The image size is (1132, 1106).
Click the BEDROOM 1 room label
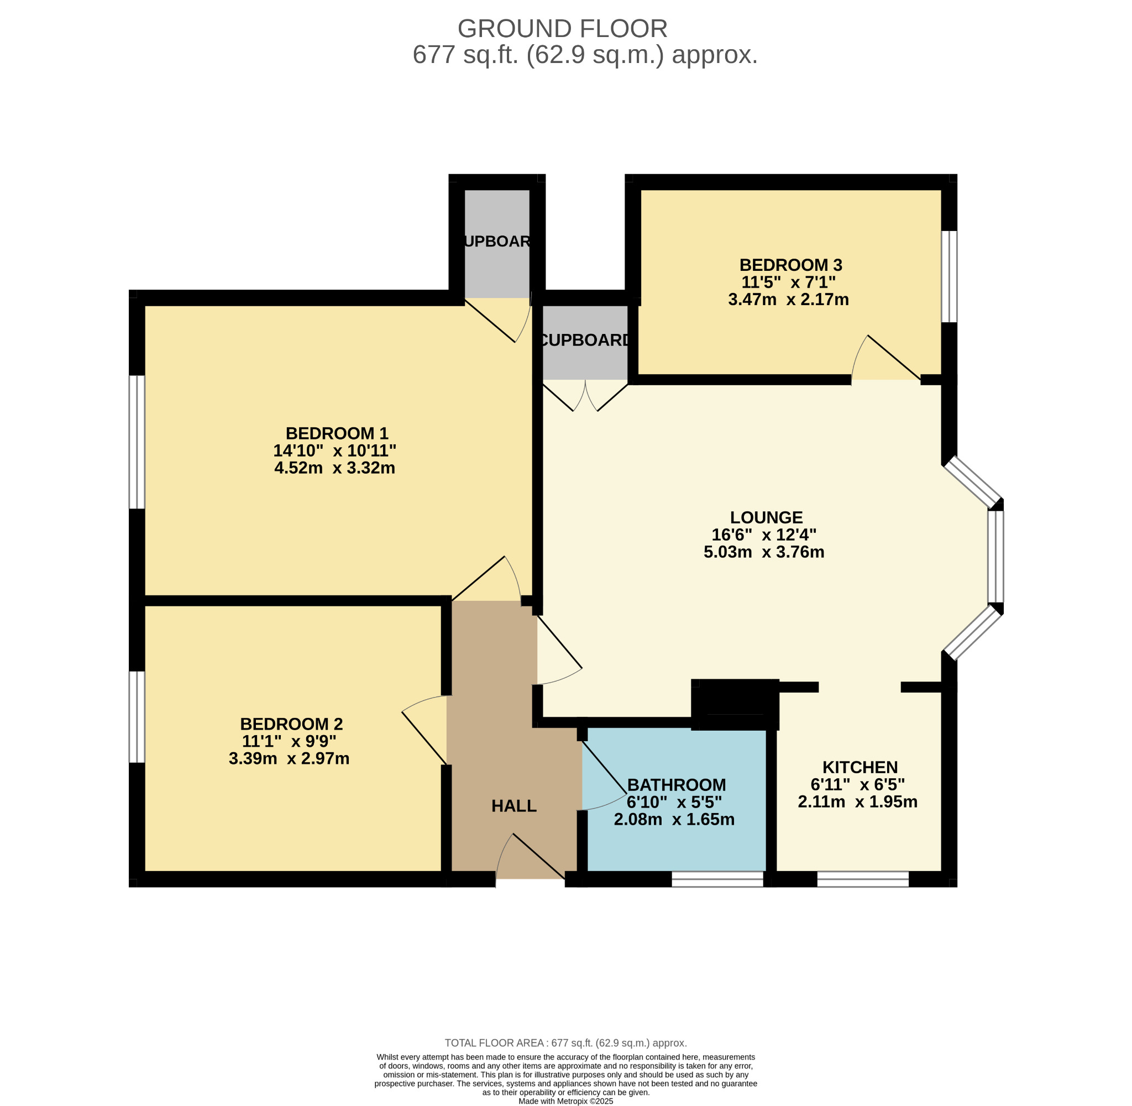pos(336,433)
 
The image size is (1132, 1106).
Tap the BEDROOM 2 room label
pos(291,724)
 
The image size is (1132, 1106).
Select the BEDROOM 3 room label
pos(790,265)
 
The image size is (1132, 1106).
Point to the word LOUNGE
pos(766,517)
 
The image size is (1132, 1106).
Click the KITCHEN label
pos(860,767)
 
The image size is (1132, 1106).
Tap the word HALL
pos(514,806)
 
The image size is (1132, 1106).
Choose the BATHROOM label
pos(677,785)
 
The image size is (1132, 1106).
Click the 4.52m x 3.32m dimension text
pos(334,468)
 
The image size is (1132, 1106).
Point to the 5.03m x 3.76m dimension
pos(764,551)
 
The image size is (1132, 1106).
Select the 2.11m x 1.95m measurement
pos(857,801)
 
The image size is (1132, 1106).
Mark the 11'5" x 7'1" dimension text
pos(788,282)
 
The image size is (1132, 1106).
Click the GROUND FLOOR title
pos(562,28)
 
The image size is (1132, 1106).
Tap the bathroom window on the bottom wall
pos(717,879)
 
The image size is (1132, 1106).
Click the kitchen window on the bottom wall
pos(862,879)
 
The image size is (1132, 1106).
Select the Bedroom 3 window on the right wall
pos(949,276)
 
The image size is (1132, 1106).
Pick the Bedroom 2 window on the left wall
pos(137,717)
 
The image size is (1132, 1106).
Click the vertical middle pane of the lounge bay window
pos(995,557)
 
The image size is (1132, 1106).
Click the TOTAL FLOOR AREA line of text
pos(565,1042)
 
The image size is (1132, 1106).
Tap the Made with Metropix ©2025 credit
pos(565,1101)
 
